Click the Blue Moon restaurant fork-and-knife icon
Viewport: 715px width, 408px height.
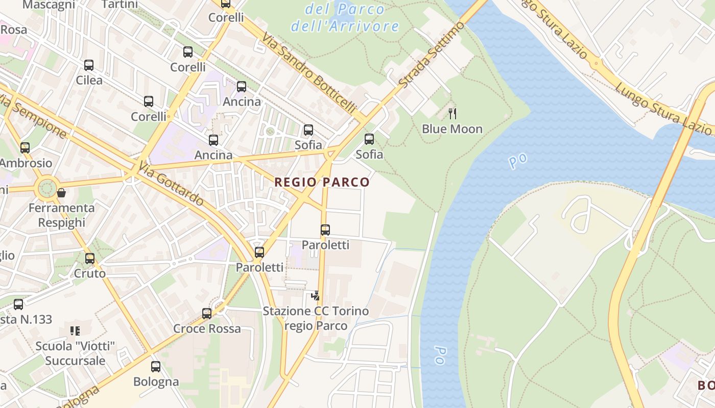(452, 113)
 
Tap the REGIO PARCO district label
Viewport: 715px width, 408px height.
(322, 182)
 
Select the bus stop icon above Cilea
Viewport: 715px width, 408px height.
(89, 65)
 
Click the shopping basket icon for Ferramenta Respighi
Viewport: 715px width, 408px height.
(61, 193)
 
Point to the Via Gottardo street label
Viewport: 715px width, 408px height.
(171, 184)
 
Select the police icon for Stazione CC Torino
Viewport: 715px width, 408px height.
(316, 295)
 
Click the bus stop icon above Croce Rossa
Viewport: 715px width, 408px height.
(207, 314)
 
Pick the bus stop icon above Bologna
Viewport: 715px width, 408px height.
(156, 366)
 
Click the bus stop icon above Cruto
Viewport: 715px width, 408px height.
(90, 259)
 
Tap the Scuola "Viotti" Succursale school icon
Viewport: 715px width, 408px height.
(75, 331)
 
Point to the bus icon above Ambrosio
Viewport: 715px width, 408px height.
(25, 148)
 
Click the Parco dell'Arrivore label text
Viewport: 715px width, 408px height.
(345, 17)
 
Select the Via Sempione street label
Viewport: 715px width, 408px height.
(34, 116)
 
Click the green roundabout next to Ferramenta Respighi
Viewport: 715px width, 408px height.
(46, 188)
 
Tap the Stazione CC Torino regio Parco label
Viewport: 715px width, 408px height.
(316, 318)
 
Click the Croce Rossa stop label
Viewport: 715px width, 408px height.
(207, 328)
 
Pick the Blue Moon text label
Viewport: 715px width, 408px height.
(452, 129)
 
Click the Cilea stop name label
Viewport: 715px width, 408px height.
(89, 80)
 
